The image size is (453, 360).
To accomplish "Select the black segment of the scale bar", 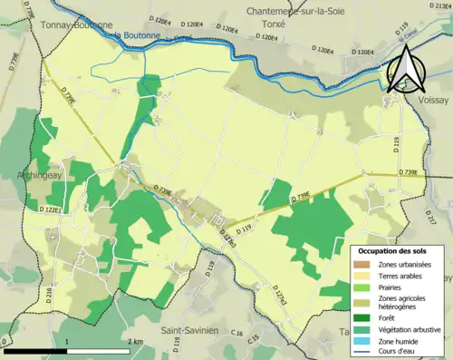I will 36,352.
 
